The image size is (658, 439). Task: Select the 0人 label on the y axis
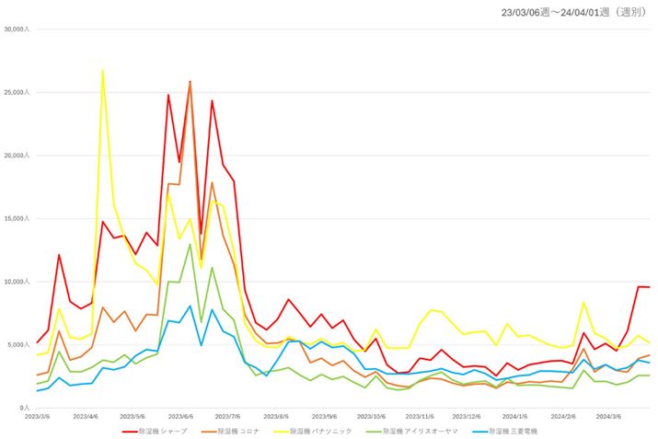click(x=25, y=407)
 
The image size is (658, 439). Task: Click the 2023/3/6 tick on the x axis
click(x=38, y=416)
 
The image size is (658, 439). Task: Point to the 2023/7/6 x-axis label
click(x=227, y=416)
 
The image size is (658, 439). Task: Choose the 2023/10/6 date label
click(x=371, y=416)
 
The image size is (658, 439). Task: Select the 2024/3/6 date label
click(x=608, y=416)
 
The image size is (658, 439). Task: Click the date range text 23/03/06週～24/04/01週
click(x=571, y=12)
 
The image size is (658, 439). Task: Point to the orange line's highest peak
click(x=190, y=83)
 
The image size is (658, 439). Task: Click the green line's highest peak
click(x=190, y=244)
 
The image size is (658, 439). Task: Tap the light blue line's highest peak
click(x=190, y=306)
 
